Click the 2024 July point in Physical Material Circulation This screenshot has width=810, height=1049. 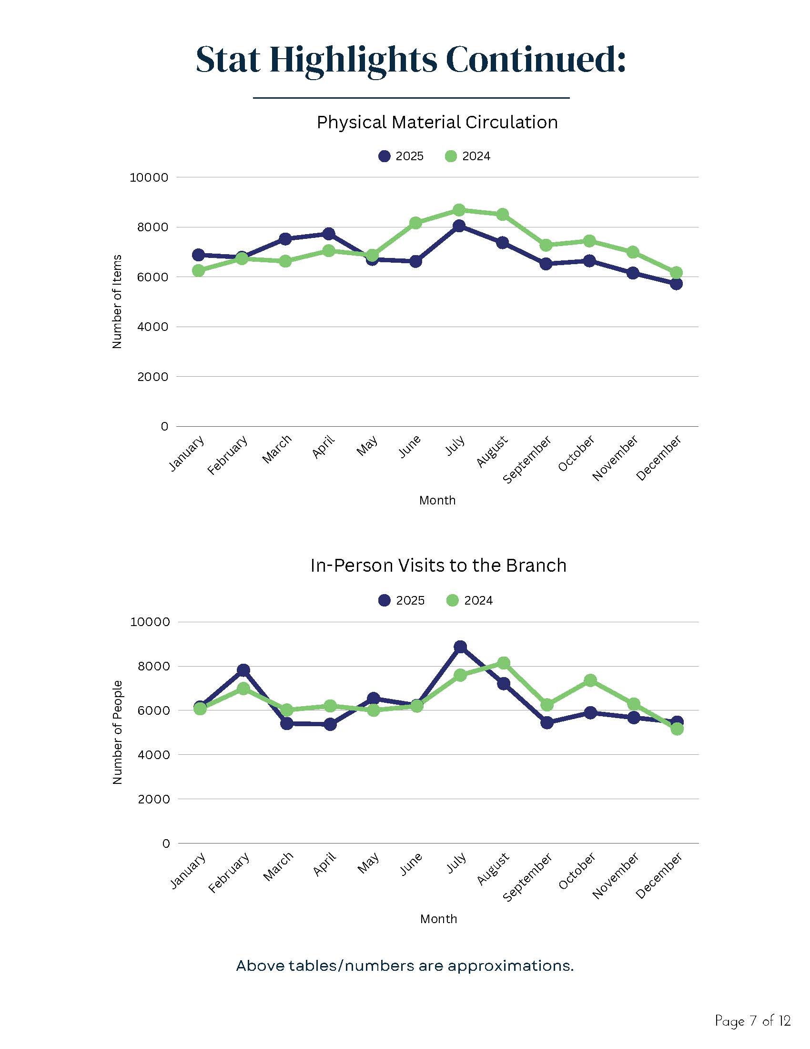click(459, 210)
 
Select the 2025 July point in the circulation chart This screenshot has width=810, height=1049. click(459, 226)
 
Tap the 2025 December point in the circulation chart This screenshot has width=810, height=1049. click(676, 284)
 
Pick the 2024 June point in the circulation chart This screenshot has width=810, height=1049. click(415, 223)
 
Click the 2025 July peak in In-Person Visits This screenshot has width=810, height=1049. click(460, 647)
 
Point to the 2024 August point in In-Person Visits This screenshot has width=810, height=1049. click(504, 663)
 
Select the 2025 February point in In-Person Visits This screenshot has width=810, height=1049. click(243, 670)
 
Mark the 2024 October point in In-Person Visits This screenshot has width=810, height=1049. click(590, 680)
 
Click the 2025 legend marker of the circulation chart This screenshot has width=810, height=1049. click(385, 156)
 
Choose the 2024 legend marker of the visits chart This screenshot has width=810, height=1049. click(453, 600)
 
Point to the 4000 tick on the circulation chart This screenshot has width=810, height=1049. click(152, 327)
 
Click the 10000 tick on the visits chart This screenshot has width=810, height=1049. click(150, 622)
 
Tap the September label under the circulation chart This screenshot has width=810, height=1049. click(527, 460)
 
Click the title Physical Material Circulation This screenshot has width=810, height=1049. click(437, 123)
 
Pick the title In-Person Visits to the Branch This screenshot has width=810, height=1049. click(438, 566)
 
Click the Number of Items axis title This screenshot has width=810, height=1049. click(117, 302)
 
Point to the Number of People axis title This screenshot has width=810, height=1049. click(118, 732)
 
